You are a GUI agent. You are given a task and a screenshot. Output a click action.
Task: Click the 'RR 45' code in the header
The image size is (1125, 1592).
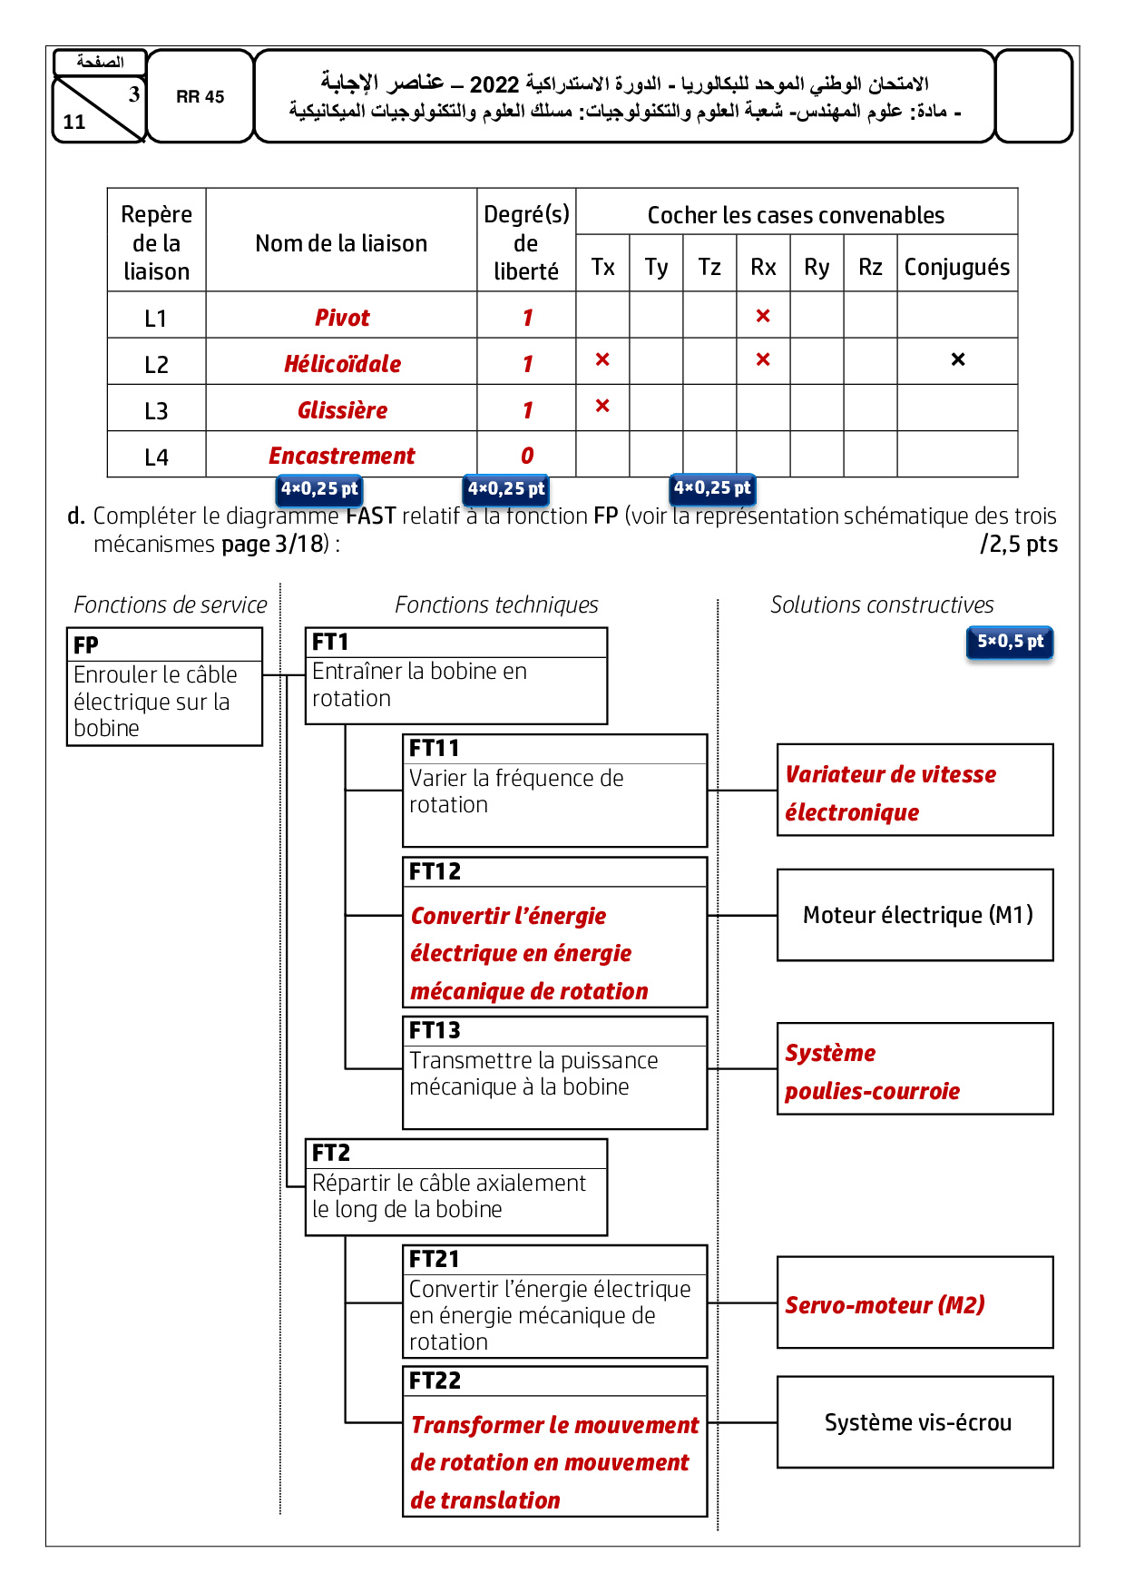[x=200, y=97]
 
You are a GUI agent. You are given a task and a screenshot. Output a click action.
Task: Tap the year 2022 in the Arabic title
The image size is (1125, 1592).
[x=494, y=85]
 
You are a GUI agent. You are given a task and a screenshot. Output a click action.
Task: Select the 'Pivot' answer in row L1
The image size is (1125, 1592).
[x=342, y=318]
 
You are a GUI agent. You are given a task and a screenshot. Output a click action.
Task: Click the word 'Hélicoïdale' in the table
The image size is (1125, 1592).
[x=342, y=364]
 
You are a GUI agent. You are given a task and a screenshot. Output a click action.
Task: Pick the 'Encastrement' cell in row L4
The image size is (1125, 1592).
[x=342, y=456]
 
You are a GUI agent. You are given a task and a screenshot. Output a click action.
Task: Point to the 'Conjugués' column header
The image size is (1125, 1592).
[x=956, y=267]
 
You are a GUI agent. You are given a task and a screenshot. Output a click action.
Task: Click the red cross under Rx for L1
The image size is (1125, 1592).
[x=763, y=316]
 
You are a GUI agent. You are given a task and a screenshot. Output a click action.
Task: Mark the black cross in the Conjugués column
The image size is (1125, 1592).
[x=958, y=359]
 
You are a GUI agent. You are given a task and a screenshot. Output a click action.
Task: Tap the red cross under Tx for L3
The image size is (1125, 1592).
[x=602, y=406]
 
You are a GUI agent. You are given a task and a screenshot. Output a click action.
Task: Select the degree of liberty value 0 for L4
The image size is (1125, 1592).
[x=527, y=456]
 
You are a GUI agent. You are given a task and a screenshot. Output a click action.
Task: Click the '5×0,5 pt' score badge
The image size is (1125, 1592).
[x=1010, y=642]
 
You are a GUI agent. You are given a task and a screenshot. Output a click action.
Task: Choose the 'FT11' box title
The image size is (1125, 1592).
[x=434, y=749]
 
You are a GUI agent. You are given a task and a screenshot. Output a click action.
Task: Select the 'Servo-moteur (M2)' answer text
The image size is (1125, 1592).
[x=885, y=1305]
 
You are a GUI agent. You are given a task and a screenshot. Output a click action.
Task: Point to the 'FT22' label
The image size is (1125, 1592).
[x=435, y=1381]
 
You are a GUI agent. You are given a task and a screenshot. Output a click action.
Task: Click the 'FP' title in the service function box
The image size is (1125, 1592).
[x=86, y=645]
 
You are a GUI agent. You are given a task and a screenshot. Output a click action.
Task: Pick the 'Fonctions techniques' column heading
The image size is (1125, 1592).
[x=496, y=604]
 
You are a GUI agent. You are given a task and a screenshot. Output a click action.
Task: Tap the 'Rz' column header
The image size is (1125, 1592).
[x=870, y=267]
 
